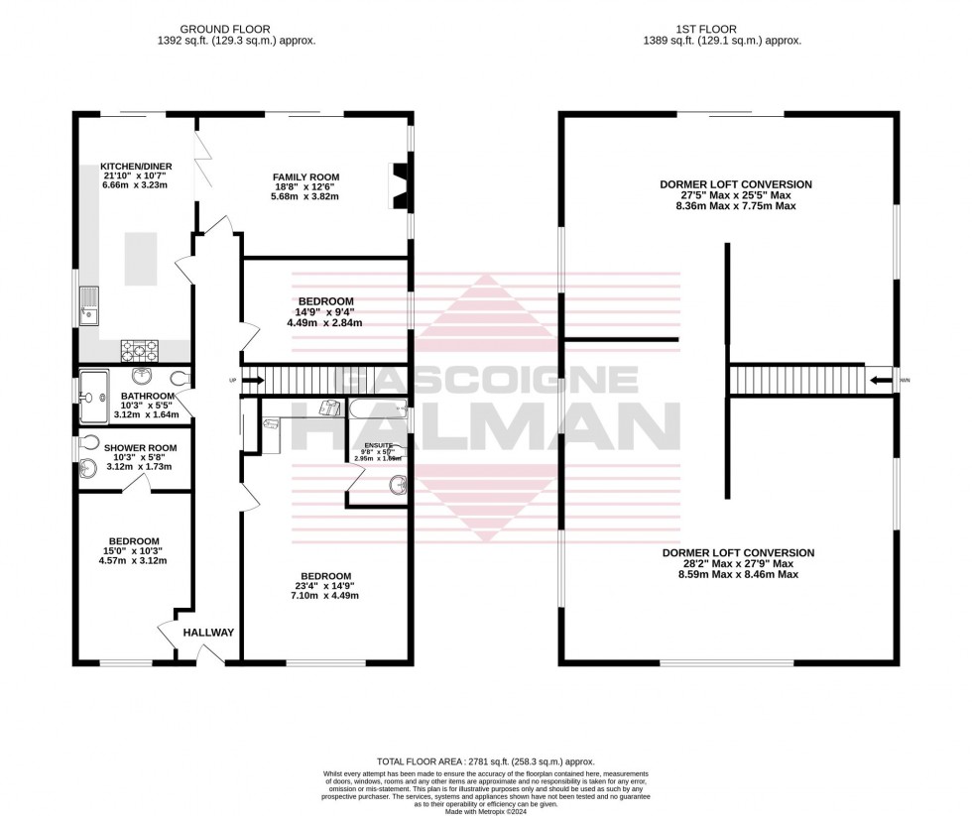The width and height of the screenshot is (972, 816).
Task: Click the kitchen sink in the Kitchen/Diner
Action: point(90,305)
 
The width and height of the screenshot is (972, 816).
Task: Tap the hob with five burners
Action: point(139,348)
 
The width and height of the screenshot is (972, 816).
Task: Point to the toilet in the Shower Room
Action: point(88,443)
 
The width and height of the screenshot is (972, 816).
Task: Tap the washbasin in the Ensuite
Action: point(397,485)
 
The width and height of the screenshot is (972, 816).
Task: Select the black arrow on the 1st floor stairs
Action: point(879,379)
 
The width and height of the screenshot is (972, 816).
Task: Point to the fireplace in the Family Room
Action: point(400,186)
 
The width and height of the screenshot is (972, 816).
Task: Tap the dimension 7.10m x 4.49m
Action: point(324,595)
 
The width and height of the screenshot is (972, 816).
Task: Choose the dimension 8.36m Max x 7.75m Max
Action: point(737,205)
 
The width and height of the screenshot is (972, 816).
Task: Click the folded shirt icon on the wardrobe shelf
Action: point(327,408)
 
